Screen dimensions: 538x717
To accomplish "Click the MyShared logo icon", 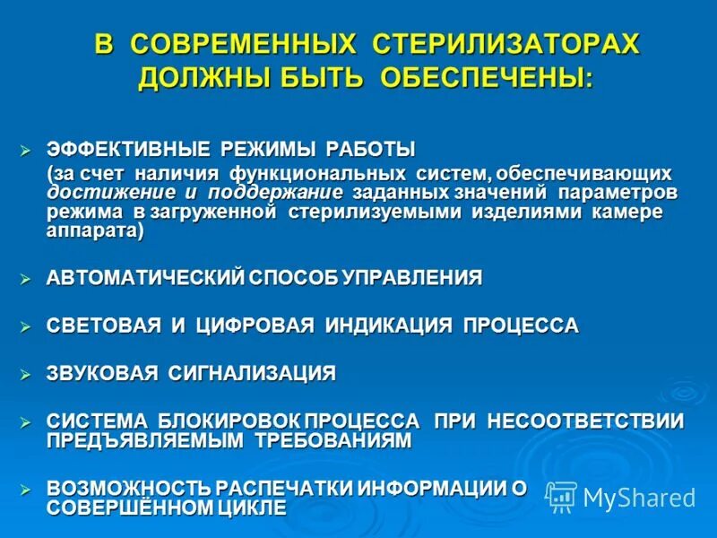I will (560, 496).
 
